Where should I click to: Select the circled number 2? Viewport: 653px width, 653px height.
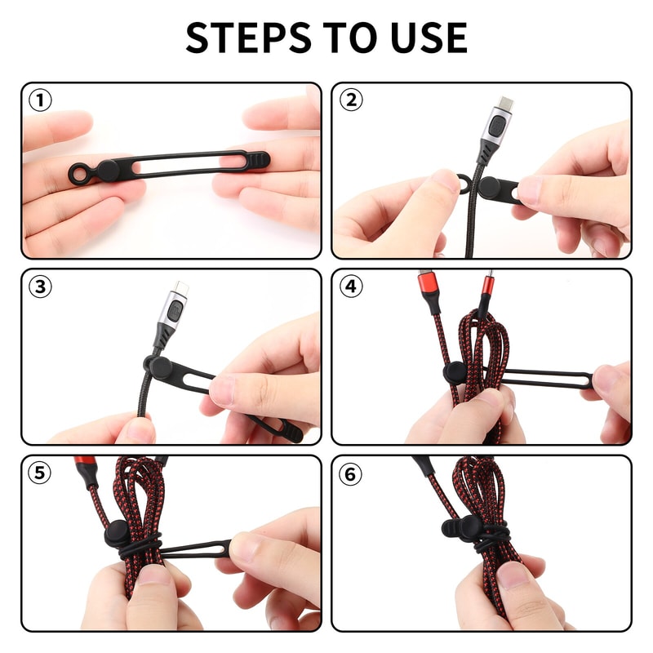[351, 100]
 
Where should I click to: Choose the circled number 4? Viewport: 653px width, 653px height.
[351, 287]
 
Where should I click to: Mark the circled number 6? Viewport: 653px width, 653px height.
[351, 473]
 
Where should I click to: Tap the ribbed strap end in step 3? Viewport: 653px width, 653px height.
[286, 430]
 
